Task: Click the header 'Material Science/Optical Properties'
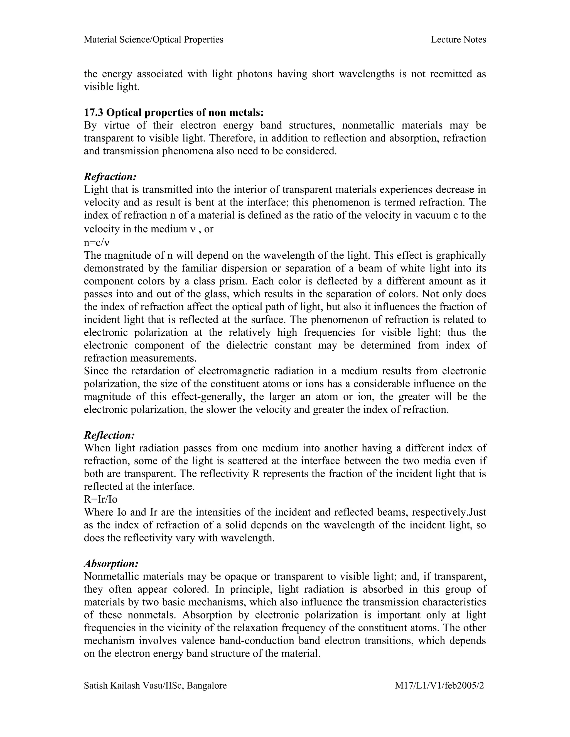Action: click(x=153, y=39)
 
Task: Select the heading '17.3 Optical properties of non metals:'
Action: click(x=174, y=112)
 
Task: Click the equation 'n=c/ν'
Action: click(x=97, y=242)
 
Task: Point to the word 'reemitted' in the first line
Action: click(x=451, y=74)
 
